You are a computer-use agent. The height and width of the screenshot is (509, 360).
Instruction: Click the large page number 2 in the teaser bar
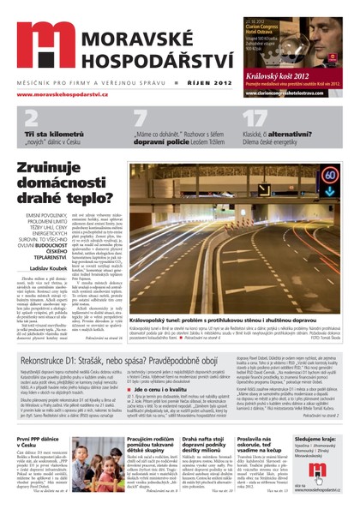(32, 119)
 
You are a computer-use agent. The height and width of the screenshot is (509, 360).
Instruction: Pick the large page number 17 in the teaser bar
(255, 119)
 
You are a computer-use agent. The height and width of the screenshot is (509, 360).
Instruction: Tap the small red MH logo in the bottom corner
(318, 471)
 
